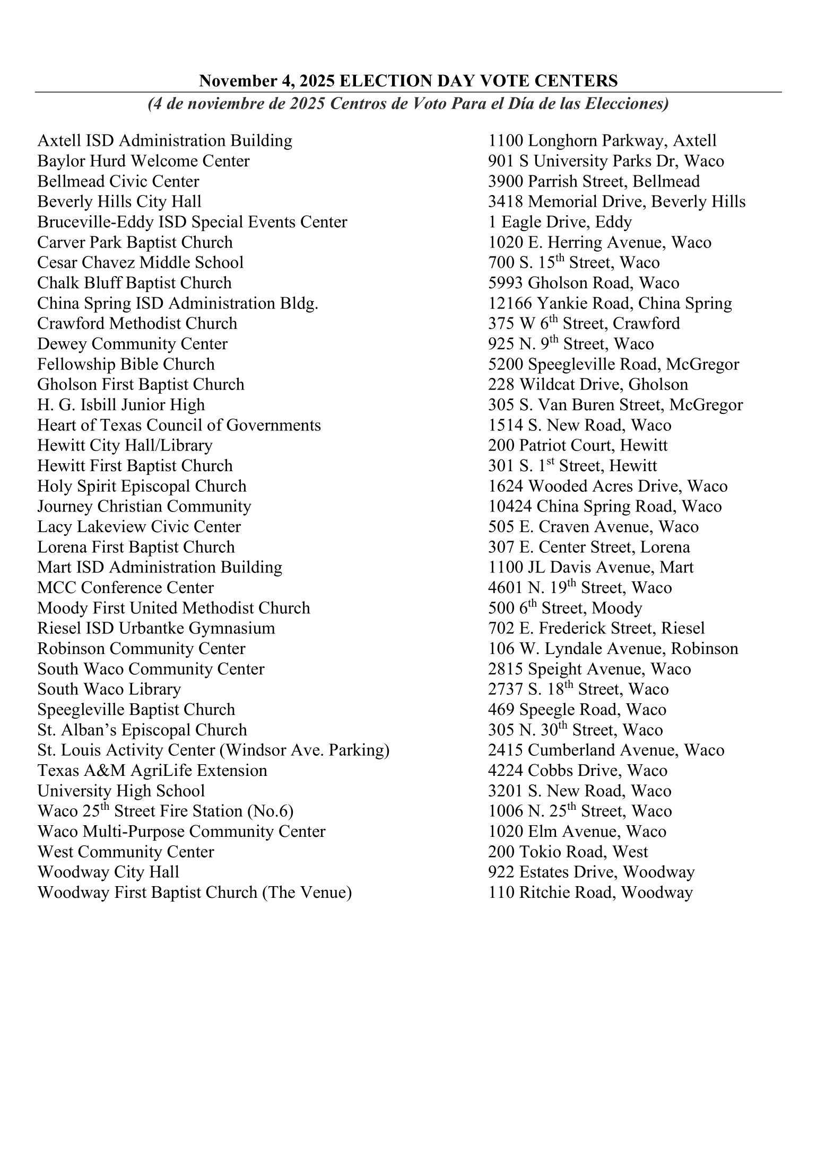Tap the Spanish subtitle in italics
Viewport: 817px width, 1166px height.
[408, 103]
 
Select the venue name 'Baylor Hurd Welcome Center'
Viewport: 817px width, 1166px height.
[143, 161]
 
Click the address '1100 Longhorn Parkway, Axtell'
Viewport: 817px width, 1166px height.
[602, 141]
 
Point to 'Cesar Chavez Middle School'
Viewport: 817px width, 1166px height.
[140, 263]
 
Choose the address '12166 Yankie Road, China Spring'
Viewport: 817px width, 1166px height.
[610, 304]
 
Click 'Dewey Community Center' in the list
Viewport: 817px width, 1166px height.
[132, 344]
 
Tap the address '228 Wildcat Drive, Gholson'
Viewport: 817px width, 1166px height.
[588, 385]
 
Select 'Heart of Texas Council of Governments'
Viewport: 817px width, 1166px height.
[179, 426]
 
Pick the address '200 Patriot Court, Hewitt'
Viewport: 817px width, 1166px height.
[578, 446]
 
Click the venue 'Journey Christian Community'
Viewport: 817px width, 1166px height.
[144, 507]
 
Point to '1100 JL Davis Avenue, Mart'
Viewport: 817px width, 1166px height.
[590, 568]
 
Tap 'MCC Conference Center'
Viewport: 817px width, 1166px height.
[125, 588]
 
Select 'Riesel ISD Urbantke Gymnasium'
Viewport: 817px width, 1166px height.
[156, 629]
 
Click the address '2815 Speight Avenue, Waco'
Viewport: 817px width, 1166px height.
[589, 669]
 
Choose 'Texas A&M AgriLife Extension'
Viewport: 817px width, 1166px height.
[152, 771]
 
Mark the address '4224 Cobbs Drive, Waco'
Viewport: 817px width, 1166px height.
[578, 771]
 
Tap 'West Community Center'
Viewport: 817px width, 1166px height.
[126, 852]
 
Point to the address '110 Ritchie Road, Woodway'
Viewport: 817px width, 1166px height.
[590, 893]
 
